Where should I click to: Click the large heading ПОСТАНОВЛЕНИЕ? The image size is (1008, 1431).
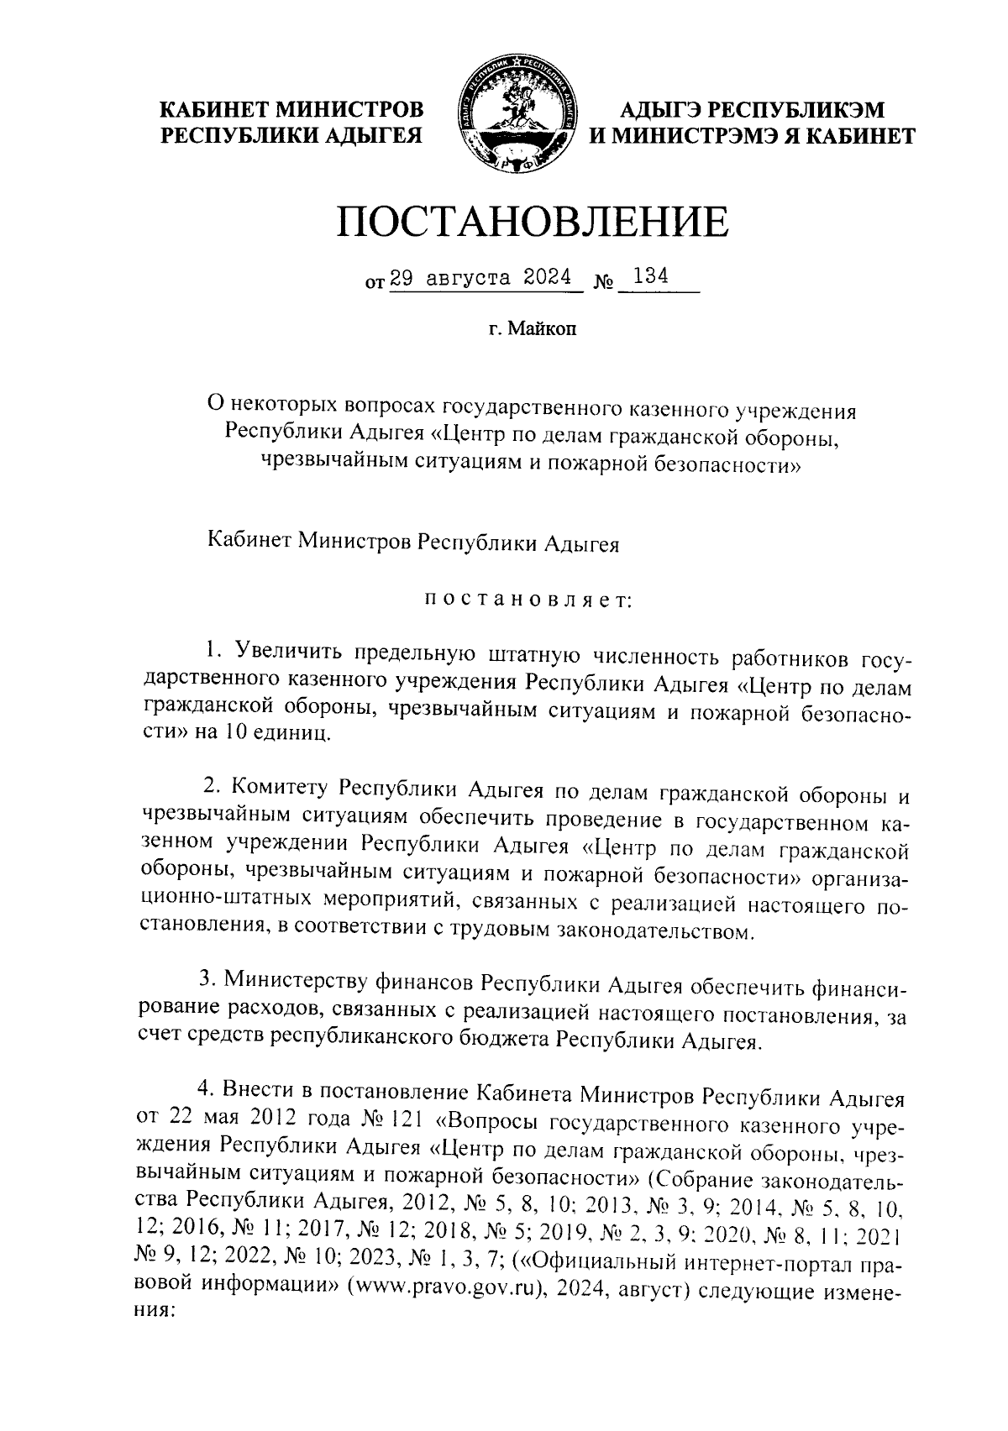click(x=533, y=221)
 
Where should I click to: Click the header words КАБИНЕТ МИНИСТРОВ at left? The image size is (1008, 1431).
click(x=292, y=110)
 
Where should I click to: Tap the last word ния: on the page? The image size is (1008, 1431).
click(x=154, y=1314)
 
